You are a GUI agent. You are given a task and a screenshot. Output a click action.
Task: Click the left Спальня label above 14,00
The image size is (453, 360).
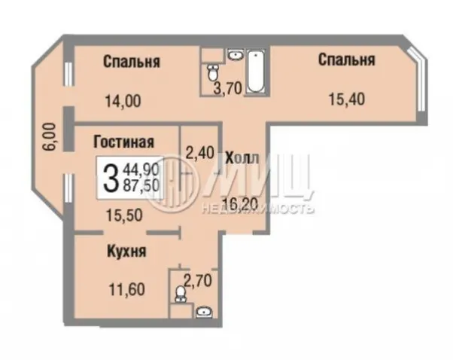[132, 62]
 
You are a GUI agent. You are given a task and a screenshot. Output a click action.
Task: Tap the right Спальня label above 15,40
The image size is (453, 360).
[347, 59]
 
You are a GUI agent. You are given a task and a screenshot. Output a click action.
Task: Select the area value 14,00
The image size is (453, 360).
[123, 102]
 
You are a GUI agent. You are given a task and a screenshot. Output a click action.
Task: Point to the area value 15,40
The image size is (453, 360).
[347, 99]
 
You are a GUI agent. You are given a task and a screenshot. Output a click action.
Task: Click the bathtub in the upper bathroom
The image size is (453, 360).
[256, 72]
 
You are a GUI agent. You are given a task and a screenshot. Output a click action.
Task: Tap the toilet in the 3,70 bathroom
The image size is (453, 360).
[213, 72]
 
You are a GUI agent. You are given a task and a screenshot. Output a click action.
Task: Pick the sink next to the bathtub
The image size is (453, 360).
[236, 54]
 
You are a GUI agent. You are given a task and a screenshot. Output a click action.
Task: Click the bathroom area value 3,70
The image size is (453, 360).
[227, 88]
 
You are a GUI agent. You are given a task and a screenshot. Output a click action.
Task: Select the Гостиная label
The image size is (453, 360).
[123, 142]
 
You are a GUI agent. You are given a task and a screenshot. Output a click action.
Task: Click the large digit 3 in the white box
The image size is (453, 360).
[110, 178]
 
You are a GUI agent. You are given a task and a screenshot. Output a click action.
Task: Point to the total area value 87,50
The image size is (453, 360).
[141, 185]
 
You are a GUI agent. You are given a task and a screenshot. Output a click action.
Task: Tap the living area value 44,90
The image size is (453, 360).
[141, 169]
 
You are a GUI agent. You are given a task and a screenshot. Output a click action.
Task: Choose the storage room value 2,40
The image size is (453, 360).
[200, 153]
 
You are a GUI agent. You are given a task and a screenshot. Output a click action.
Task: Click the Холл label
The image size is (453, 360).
[242, 158]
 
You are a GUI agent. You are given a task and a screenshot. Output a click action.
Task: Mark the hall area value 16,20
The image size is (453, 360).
[240, 205]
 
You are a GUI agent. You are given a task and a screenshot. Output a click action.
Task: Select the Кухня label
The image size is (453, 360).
[127, 252]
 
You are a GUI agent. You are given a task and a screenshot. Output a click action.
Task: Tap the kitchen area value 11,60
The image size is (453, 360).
[127, 289]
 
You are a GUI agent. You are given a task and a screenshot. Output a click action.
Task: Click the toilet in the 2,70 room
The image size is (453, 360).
[181, 294]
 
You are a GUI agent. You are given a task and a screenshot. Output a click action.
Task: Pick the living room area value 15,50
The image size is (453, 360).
[124, 215]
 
